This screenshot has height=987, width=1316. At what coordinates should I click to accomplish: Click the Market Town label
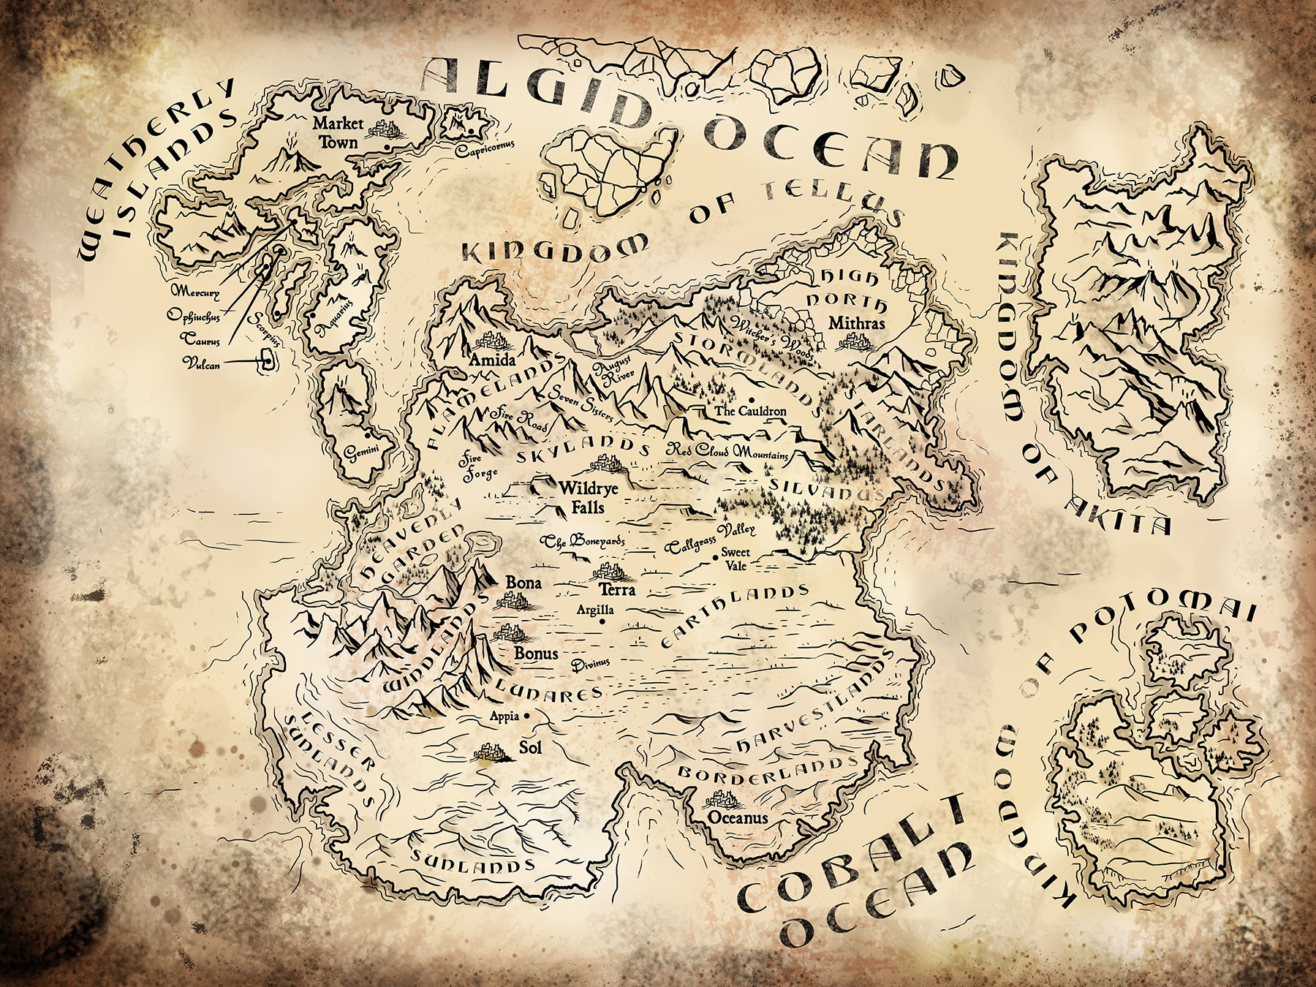click(337, 132)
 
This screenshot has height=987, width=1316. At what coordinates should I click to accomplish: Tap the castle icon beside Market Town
click(381, 130)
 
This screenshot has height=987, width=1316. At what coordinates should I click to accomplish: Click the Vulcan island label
click(201, 362)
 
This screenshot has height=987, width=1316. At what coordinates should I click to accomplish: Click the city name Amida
click(492, 360)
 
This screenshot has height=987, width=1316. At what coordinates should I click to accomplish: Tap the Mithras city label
click(857, 323)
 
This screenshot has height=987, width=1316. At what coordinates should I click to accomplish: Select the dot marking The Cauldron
click(751, 398)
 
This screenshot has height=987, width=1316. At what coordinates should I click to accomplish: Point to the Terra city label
click(617, 589)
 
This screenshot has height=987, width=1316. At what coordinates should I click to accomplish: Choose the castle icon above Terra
click(606, 571)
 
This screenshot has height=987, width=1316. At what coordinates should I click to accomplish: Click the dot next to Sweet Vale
click(716, 558)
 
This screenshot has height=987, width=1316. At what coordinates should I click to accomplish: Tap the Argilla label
click(595, 609)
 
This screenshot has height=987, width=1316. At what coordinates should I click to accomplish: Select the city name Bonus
click(536, 653)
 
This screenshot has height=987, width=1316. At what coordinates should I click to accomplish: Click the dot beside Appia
click(526, 716)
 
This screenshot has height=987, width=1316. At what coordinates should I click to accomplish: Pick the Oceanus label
click(738, 817)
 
